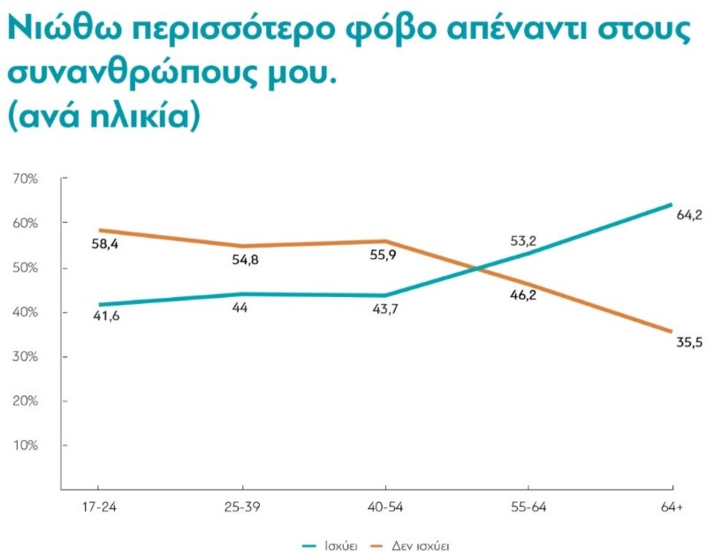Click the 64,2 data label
688,215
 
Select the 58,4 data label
106,244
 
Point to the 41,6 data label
106,316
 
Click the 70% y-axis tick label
26,179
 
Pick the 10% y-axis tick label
26,445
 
